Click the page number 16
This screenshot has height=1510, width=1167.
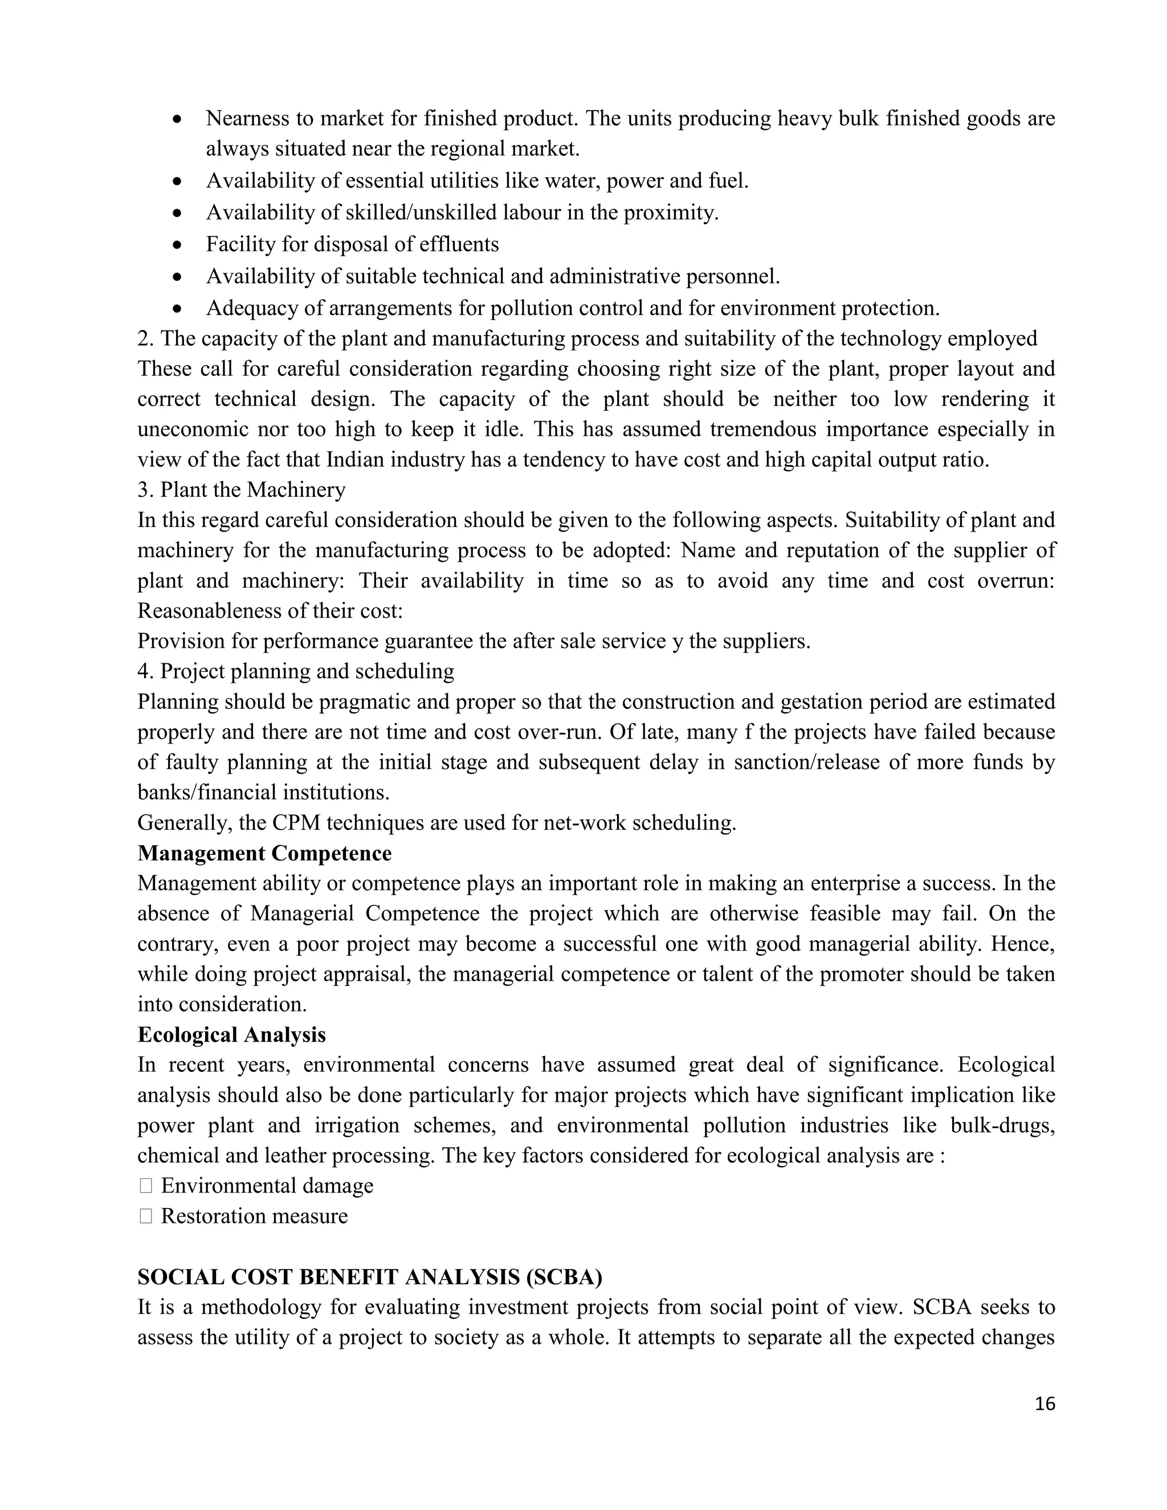(1044, 1403)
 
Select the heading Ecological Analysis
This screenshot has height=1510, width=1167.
(231, 1034)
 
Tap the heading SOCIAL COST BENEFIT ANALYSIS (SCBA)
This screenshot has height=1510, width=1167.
(369, 1277)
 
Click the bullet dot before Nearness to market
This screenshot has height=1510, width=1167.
(178, 119)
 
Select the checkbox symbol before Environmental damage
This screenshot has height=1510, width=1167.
(145, 1186)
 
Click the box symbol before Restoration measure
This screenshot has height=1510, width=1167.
(145, 1216)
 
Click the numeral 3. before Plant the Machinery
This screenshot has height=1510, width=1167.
(145, 489)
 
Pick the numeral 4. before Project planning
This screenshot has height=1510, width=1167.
(145, 671)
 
